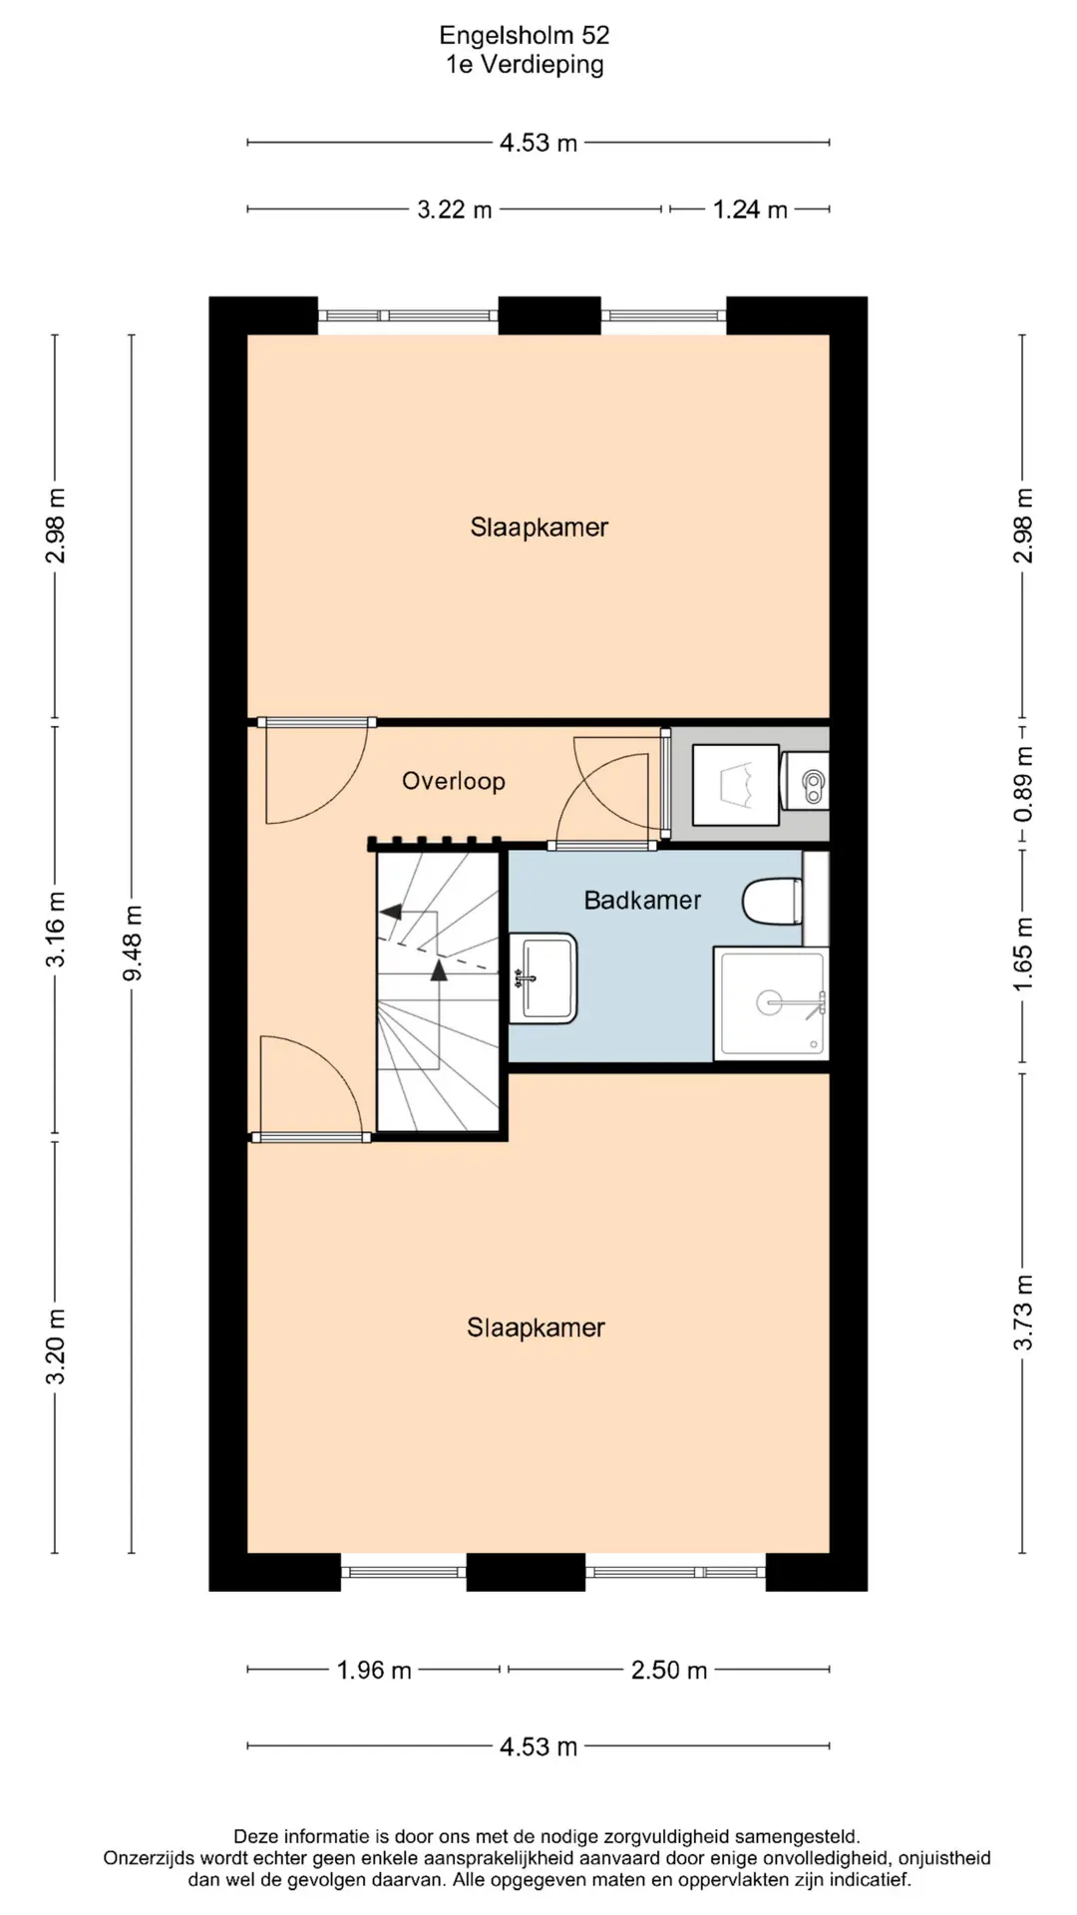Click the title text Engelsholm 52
[525, 36]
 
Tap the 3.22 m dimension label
[455, 209]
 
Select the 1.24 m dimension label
[750, 209]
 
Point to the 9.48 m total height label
[133, 943]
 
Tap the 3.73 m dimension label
[1023, 1313]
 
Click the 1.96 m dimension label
[374, 1670]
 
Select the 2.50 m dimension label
[669, 1670]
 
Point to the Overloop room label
[454, 781]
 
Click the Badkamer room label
[643, 901]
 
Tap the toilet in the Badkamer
[773, 902]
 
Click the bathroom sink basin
[543, 978]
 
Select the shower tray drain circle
[769, 1002]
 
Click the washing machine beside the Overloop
[736, 784]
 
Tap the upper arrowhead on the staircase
[390, 911]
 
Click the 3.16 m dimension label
[56, 930]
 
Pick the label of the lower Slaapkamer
[536, 1328]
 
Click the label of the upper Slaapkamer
[539, 527]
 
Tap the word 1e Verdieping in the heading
[525, 65]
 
